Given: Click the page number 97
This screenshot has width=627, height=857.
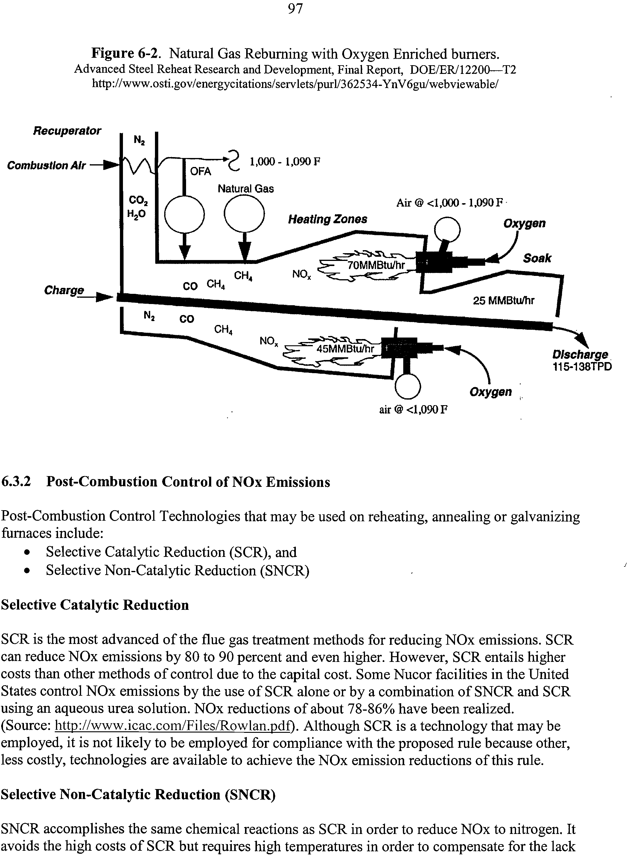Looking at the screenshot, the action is click(x=295, y=8).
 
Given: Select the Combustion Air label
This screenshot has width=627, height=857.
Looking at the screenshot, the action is click(x=46, y=165).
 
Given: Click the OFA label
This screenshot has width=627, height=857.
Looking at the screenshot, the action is click(x=200, y=172).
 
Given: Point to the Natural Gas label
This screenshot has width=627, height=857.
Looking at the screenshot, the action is click(x=246, y=189).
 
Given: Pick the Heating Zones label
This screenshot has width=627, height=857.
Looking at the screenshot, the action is click(x=328, y=219).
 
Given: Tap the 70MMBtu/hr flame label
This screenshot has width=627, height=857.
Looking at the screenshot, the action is click(x=377, y=265).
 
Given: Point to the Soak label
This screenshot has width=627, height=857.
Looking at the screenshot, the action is click(x=537, y=258).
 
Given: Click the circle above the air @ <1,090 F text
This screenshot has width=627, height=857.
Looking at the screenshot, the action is click(x=408, y=387).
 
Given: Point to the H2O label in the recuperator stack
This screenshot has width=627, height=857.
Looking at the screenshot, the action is click(x=136, y=215).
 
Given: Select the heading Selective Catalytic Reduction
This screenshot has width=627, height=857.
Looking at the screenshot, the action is click(x=95, y=605).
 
